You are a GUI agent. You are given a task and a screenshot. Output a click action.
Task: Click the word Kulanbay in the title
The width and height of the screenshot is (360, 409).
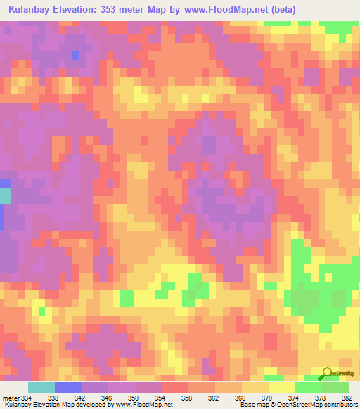(x=33, y=9)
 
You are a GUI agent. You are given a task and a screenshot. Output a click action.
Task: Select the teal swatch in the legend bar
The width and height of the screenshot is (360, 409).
(x=41, y=387)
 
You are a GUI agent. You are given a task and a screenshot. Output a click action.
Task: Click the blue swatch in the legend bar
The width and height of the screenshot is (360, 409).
(x=68, y=387)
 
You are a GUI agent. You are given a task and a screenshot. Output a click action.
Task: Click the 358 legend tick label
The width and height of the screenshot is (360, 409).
(x=188, y=397)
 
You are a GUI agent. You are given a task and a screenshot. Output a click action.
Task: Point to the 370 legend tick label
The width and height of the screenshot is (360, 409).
(x=268, y=397)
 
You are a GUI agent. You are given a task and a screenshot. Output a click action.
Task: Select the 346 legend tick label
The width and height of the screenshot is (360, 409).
(x=108, y=397)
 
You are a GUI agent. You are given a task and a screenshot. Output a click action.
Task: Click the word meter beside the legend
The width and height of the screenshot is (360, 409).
(x=10, y=397)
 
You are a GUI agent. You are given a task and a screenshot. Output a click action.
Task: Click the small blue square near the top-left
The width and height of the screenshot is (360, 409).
(x=76, y=55)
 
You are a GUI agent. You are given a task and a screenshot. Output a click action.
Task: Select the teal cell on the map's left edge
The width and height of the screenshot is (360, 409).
(x=5, y=195)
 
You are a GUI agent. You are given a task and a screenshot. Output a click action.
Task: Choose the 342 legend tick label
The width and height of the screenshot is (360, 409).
(x=82, y=397)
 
